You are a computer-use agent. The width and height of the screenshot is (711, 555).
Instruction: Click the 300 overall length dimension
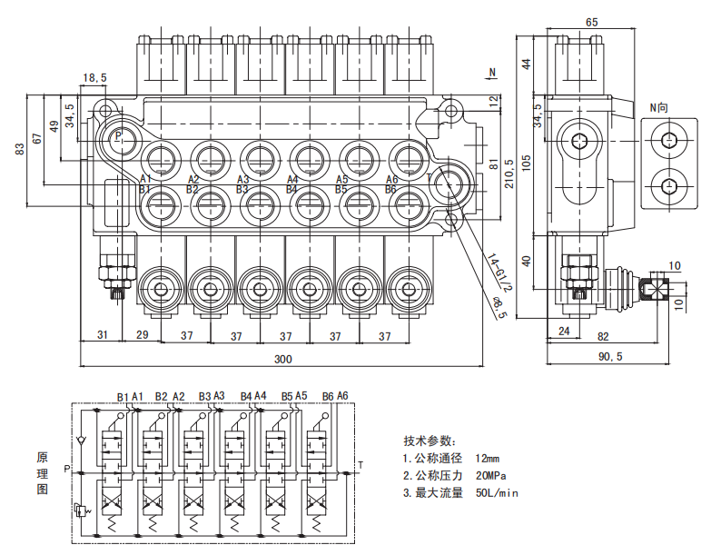pyautogui.click(x=283, y=360)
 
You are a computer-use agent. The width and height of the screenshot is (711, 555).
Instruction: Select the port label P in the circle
pyautogui.click(x=118, y=136)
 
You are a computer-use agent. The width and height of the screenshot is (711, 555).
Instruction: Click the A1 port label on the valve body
pyautogui.click(x=145, y=179)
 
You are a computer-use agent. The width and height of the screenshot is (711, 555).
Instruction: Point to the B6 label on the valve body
pyautogui.click(x=391, y=189)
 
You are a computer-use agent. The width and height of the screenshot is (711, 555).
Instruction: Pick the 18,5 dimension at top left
pyautogui.click(x=94, y=78)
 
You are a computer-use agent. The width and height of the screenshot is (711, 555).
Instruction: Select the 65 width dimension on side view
pyautogui.click(x=591, y=22)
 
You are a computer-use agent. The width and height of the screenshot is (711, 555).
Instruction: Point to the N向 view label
pyautogui.click(x=659, y=107)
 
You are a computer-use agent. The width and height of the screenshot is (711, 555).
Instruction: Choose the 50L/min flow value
pyautogui.click(x=496, y=493)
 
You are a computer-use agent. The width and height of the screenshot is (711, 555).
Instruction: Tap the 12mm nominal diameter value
pyautogui.click(x=488, y=459)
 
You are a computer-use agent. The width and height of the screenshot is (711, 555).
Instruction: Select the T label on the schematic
pyautogui.click(x=360, y=467)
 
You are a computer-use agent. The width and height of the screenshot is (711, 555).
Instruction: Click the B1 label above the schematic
pyautogui.click(x=123, y=396)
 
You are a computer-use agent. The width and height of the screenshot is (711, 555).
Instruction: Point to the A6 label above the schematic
pyautogui.click(x=342, y=396)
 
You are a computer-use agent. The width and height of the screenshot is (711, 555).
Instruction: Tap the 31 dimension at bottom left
pyautogui.click(x=103, y=335)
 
